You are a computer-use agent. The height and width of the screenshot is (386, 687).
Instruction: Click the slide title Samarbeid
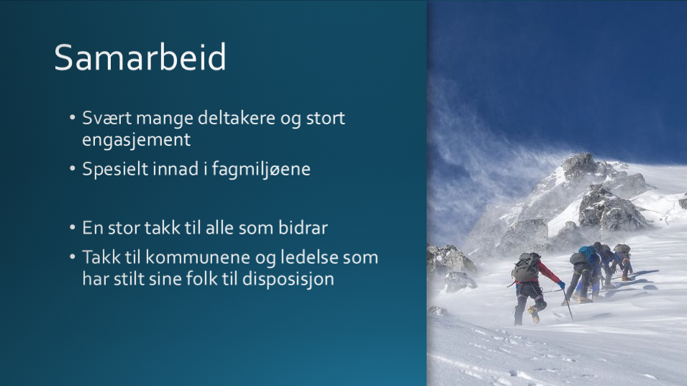point(140,58)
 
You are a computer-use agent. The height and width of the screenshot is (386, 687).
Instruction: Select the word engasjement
point(136,140)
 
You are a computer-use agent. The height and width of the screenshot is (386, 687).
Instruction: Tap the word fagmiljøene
point(261,170)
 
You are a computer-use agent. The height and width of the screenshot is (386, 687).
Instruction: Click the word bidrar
point(303,228)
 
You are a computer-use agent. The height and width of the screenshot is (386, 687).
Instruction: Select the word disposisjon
point(288,279)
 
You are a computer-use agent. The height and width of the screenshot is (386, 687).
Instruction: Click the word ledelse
point(309,257)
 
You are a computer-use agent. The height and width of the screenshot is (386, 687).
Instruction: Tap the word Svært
point(107,118)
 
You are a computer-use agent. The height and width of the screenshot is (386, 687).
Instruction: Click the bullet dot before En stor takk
point(72,228)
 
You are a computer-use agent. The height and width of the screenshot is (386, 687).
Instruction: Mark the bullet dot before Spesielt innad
point(72,169)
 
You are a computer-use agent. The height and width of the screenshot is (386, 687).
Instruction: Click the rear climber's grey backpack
point(526,267)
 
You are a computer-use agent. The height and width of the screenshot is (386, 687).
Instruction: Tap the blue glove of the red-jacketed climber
point(561,285)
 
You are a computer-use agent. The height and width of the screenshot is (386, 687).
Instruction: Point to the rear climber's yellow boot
point(533,314)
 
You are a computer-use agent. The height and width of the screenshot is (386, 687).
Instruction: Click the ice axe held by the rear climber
point(568,305)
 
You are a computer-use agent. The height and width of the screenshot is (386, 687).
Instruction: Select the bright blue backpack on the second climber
point(588,252)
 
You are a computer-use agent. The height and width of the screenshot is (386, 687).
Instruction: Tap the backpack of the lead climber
point(622,249)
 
